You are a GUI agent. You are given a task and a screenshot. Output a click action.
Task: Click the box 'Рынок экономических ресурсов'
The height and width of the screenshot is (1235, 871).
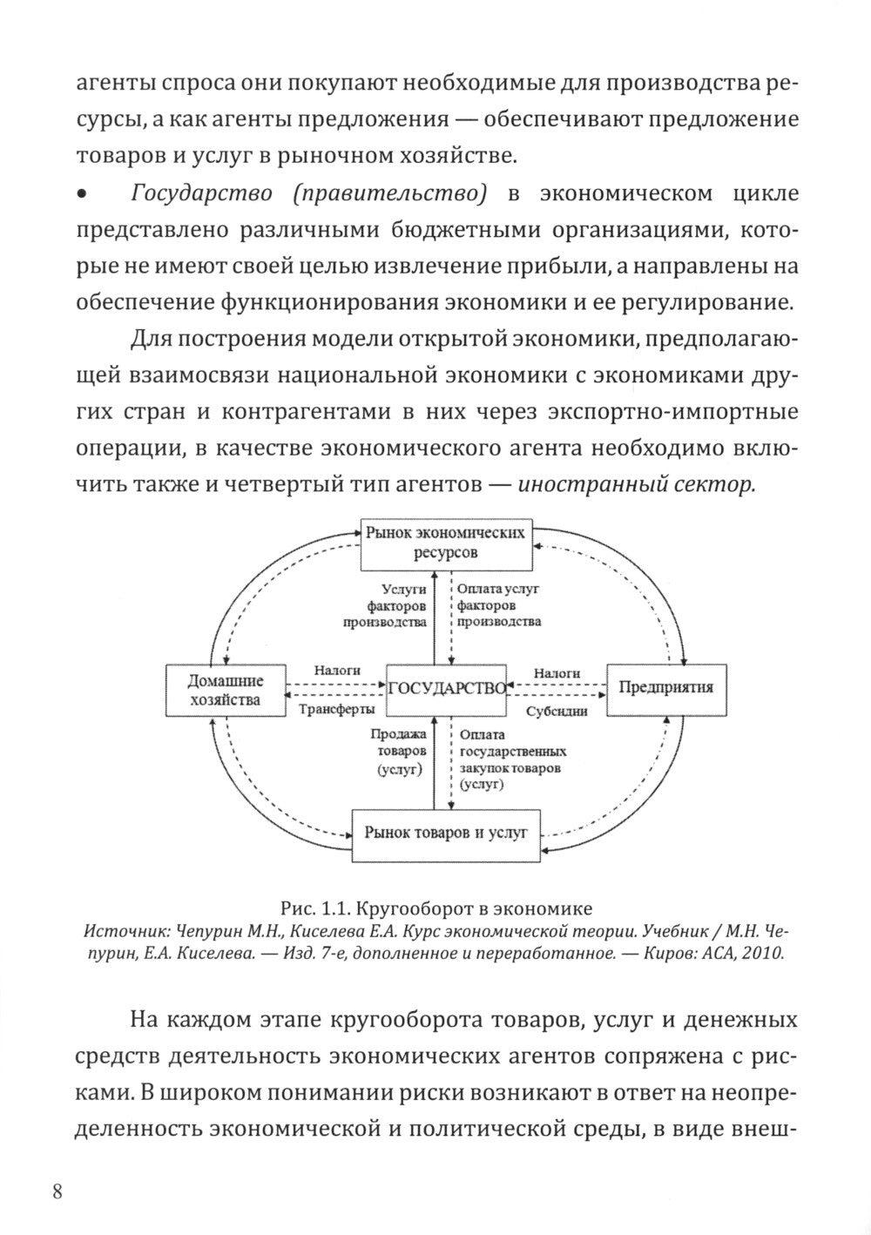(x=445, y=542)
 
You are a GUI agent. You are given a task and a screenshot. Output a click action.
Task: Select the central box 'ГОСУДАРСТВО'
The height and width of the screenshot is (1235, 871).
(x=446, y=687)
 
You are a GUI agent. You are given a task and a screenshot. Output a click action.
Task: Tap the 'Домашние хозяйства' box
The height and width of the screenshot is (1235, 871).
(x=226, y=691)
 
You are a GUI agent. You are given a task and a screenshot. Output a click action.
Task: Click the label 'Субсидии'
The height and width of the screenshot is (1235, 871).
(x=557, y=711)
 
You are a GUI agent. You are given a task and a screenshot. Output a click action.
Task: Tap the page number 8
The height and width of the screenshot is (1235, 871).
(x=57, y=1191)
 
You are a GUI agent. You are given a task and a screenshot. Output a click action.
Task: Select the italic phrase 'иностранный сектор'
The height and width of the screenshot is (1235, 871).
(x=635, y=484)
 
